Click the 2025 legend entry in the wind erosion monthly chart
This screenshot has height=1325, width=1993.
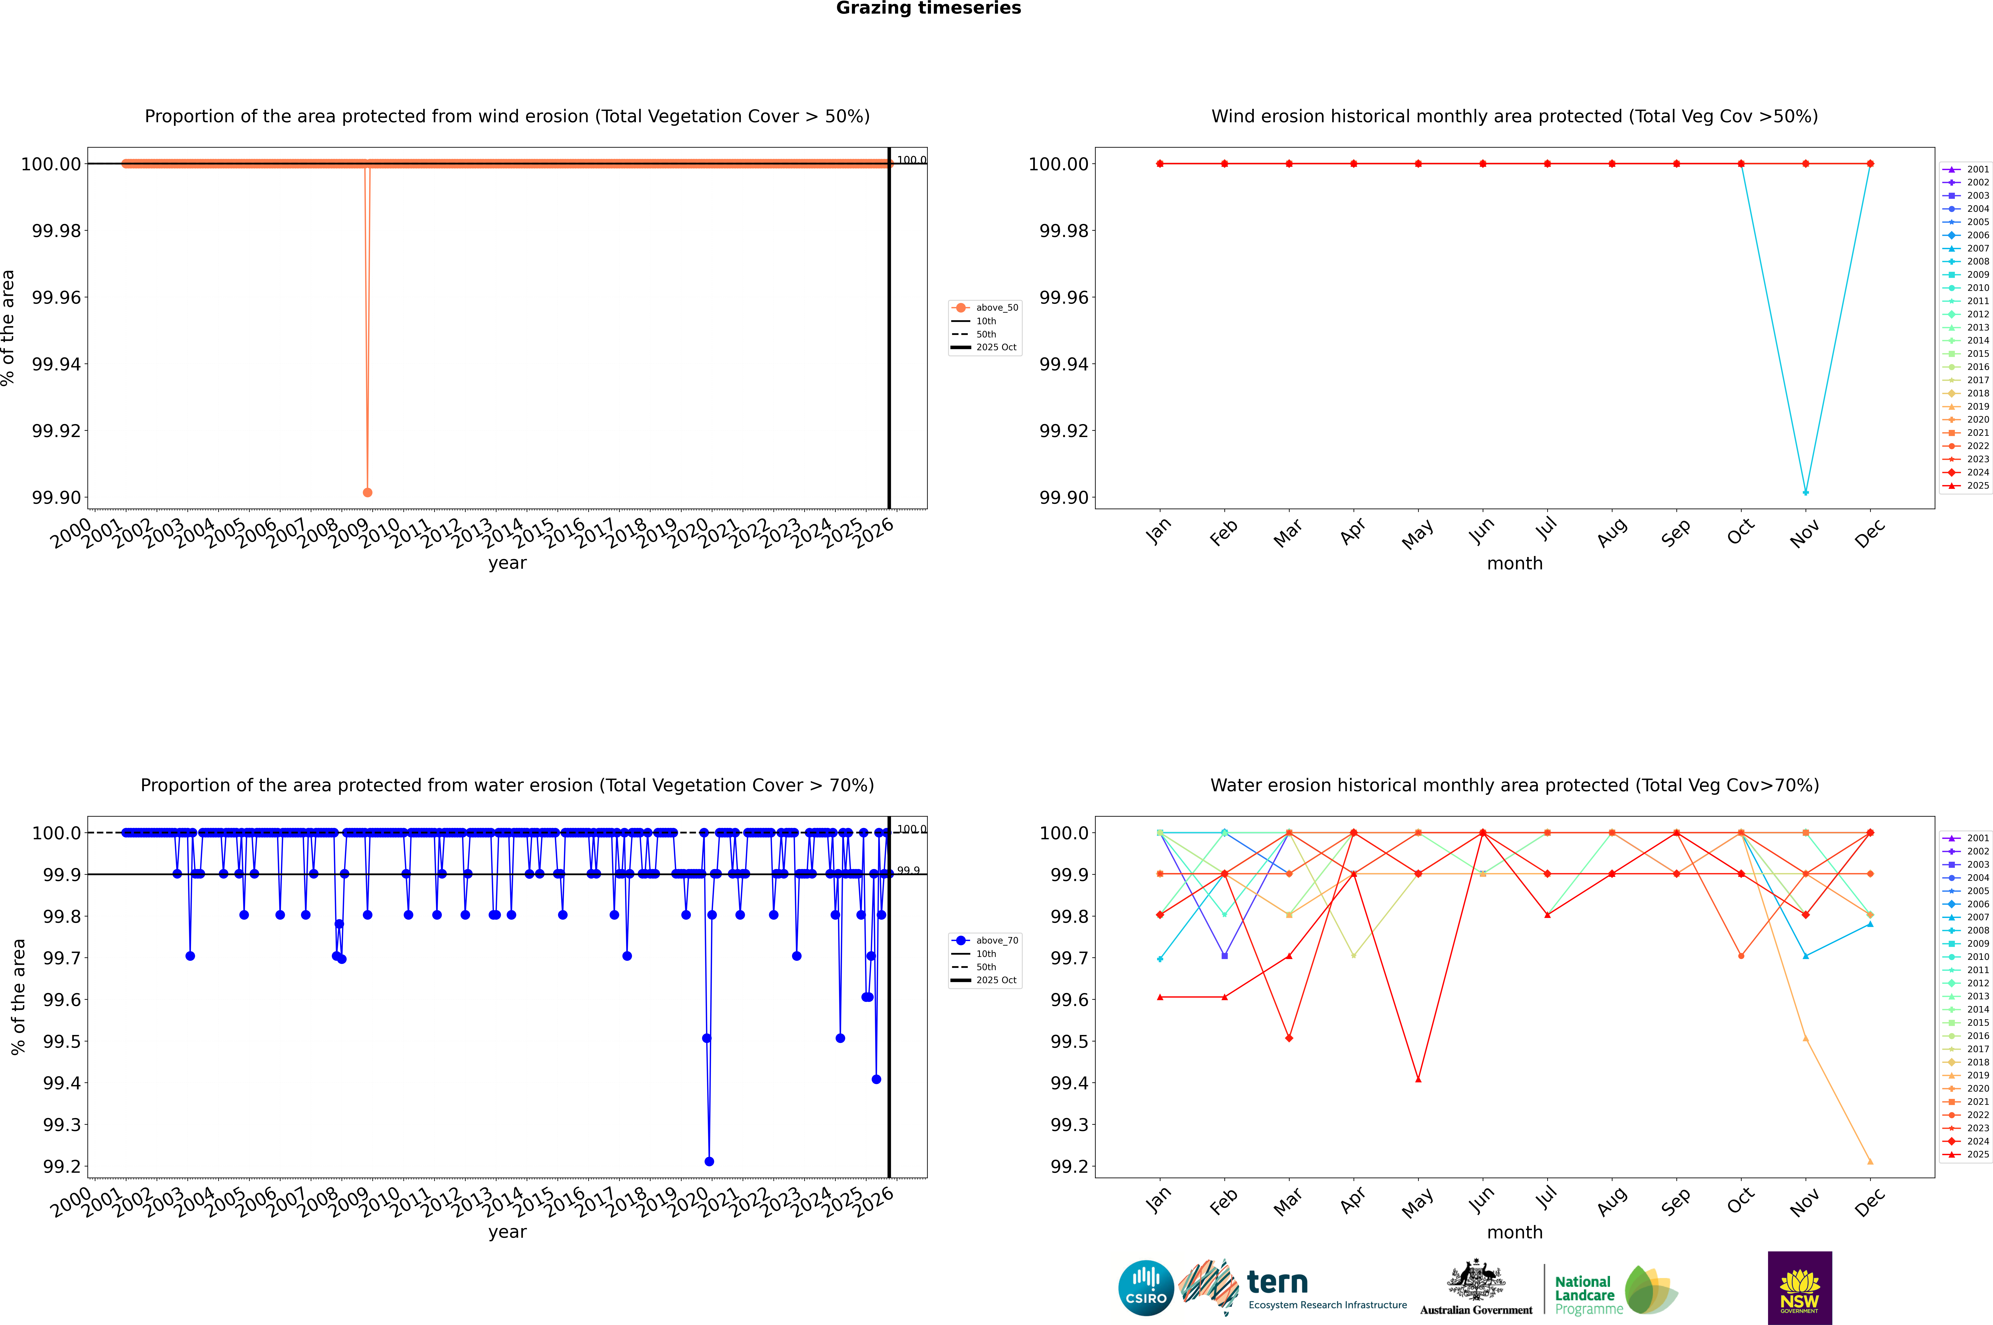1977,486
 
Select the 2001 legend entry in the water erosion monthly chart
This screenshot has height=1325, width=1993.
1977,838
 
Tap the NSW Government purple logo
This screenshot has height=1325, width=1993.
1799,1288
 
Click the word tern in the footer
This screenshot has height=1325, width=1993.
1277,1283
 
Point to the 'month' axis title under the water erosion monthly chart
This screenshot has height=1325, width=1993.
1514,1232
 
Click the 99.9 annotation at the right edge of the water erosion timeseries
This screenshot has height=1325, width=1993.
908,870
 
